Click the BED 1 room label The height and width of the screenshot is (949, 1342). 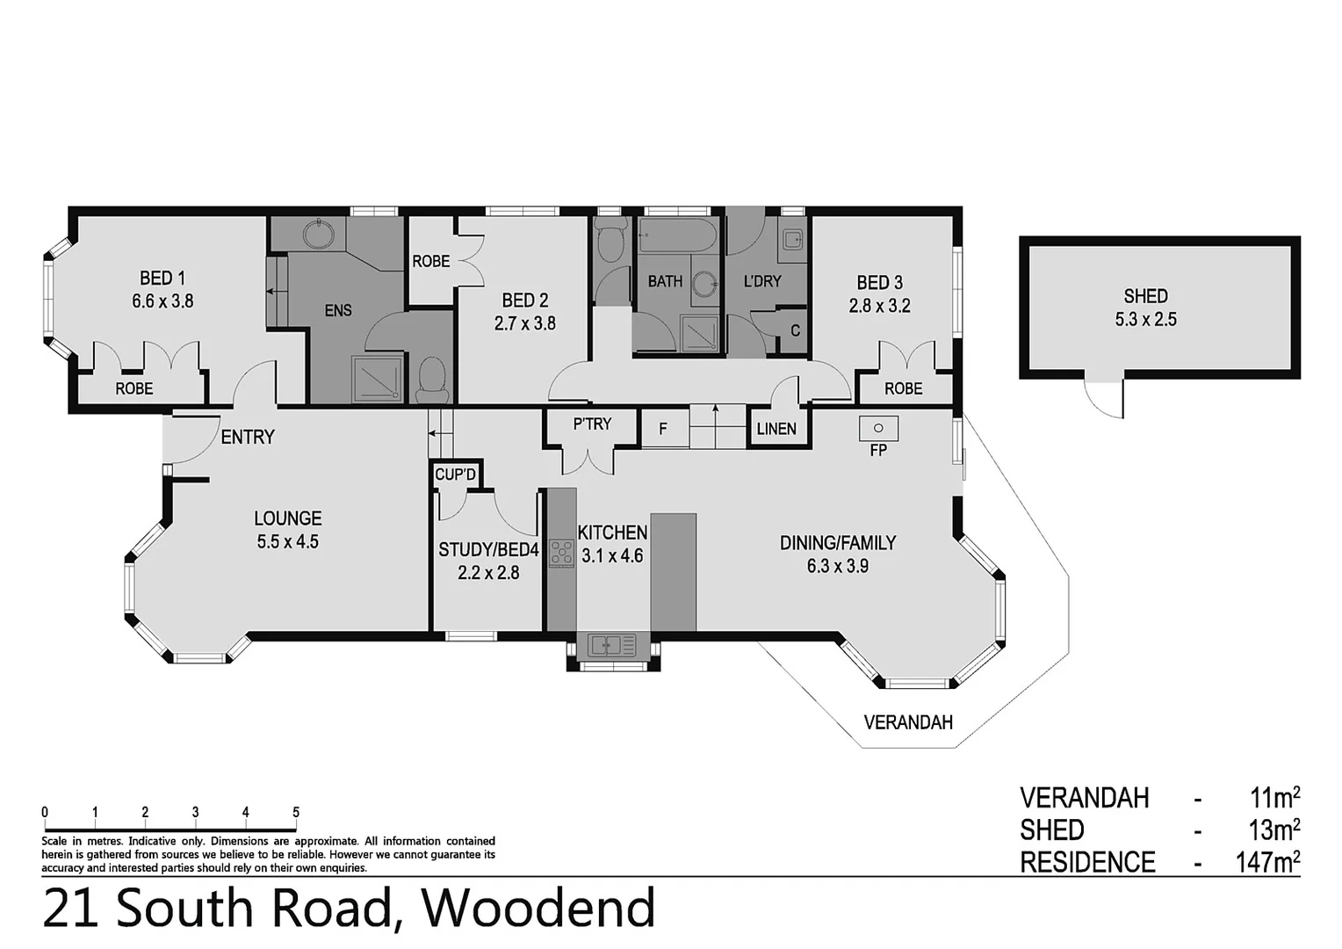[x=162, y=279]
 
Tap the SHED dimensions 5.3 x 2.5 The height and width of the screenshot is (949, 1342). [x=1145, y=320]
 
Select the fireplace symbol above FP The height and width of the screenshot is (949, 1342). [x=878, y=429]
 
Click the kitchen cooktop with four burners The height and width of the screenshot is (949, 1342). [x=560, y=554]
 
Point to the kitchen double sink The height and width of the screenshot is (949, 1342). [x=612, y=646]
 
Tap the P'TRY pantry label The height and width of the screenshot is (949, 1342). [x=592, y=424]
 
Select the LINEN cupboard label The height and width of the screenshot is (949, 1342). [x=776, y=429]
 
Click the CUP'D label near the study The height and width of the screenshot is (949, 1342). [x=456, y=475]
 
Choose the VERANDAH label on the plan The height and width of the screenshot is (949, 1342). [x=908, y=722]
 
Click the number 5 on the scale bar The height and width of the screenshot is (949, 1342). [x=296, y=813]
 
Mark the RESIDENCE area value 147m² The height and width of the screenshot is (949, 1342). [x=1267, y=862]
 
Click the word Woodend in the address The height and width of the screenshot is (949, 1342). [x=539, y=909]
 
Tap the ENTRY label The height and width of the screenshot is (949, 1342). [x=248, y=437]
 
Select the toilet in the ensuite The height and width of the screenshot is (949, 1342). [x=431, y=378]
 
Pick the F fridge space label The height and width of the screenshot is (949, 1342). [x=663, y=430]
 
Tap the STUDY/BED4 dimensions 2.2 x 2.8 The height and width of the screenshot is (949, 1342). [x=488, y=573]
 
